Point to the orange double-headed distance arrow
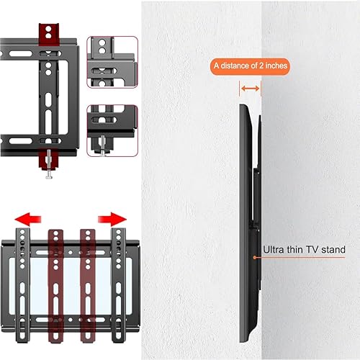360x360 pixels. point(251,88)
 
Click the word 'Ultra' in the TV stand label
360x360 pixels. point(272,250)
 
